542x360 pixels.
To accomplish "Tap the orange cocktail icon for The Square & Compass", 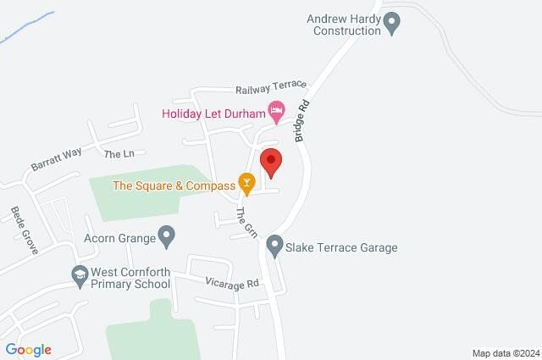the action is click(246, 182).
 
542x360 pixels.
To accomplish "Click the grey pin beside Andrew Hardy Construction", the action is click(391, 25).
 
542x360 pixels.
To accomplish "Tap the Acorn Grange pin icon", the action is click(167, 235).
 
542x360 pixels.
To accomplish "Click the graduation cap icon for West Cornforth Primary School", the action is click(79, 275).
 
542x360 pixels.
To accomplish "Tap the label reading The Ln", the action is click(119, 154).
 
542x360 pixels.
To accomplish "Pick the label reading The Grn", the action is click(245, 222).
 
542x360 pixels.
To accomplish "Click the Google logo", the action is click(28, 350).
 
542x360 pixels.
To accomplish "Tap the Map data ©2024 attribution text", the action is click(506, 353).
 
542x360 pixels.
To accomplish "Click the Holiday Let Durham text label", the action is click(213, 111).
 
